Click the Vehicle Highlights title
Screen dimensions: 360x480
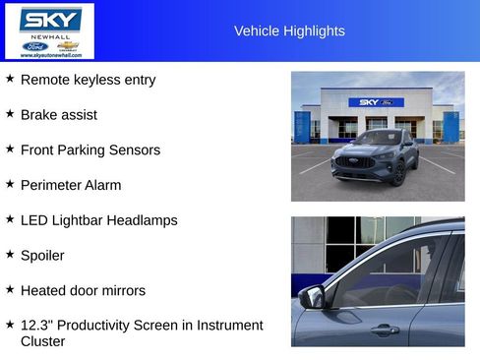(289, 30)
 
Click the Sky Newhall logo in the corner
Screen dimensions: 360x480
(50, 30)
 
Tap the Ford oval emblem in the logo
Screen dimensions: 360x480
(35, 46)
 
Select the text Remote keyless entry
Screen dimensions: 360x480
(88, 80)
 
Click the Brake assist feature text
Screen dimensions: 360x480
(59, 115)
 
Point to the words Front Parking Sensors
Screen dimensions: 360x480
(90, 150)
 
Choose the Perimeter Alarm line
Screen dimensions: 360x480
(71, 185)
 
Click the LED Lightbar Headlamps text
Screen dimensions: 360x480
(98, 220)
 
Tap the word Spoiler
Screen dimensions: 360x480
(42, 256)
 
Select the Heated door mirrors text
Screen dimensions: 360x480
(83, 291)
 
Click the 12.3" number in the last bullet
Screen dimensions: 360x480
(36, 326)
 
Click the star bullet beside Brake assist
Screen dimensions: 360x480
(10, 114)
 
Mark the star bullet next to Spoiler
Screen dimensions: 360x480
(10, 255)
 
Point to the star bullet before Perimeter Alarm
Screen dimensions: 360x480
(10, 184)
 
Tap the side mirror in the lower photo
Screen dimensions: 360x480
(314, 296)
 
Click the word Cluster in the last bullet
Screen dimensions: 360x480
(42, 342)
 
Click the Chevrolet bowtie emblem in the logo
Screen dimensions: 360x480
(68, 46)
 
